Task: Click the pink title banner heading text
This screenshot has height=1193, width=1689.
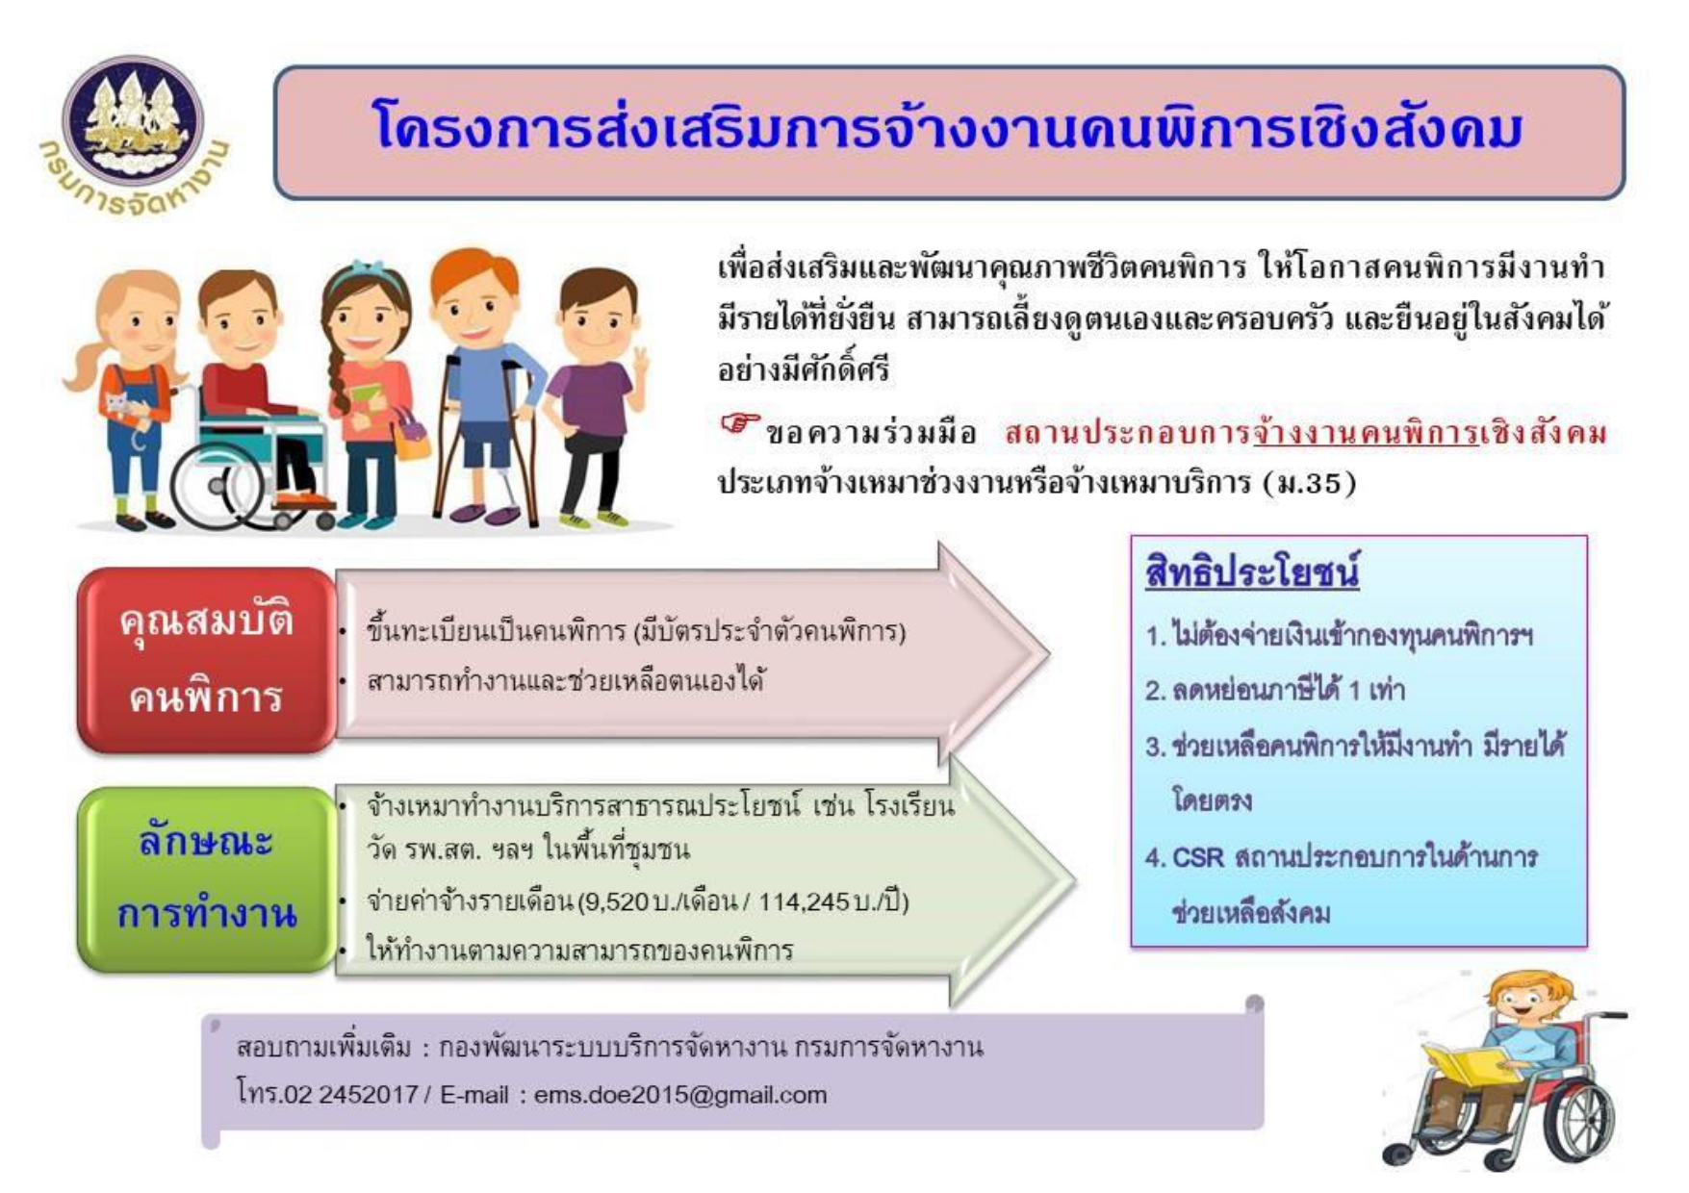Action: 948,129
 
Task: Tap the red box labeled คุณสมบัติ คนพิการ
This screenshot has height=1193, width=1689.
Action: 206,660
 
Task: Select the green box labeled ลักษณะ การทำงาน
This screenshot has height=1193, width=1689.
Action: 206,878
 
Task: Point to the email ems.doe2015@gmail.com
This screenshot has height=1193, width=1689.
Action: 679,1095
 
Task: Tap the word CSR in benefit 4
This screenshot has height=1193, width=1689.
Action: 1197,856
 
